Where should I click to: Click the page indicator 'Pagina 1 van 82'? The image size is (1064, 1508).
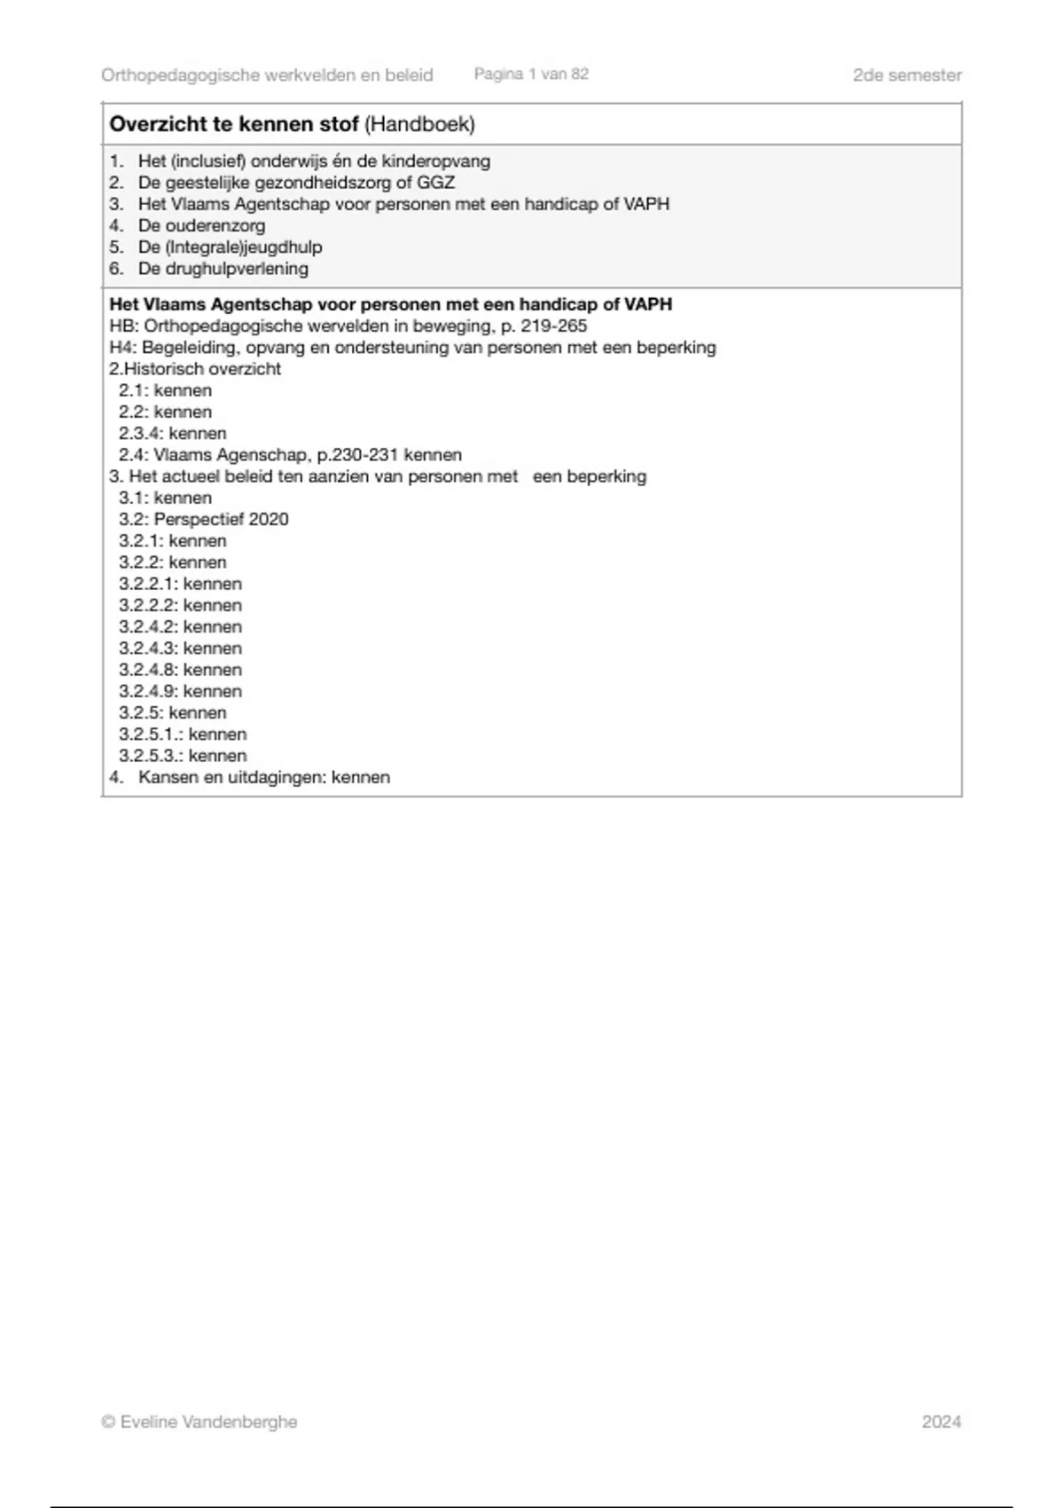click(531, 75)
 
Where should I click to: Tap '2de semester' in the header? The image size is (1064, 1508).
click(906, 75)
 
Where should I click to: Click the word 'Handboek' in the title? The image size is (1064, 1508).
click(420, 124)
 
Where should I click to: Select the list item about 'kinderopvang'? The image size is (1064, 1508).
click(313, 161)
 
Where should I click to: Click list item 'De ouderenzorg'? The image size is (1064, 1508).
click(200, 225)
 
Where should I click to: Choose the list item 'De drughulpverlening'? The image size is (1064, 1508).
click(223, 269)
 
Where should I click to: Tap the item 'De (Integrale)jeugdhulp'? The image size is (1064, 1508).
click(230, 247)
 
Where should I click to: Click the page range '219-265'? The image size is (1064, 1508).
click(553, 326)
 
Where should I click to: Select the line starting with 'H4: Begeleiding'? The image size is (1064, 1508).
click(412, 348)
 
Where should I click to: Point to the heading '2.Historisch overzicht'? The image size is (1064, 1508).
click(195, 369)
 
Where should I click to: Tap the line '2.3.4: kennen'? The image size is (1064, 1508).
click(173, 434)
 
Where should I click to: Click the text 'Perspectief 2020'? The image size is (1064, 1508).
click(221, 520)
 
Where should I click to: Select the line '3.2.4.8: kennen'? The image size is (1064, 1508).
click(180, 670)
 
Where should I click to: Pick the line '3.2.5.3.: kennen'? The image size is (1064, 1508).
click(183, 756)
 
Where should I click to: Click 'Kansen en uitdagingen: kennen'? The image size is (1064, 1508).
click(263, 777)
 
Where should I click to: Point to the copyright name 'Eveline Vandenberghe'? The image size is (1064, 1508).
click(208, 1422)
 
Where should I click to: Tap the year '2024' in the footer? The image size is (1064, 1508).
click(941, 1422)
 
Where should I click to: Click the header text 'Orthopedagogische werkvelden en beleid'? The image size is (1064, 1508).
click(267, 75)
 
